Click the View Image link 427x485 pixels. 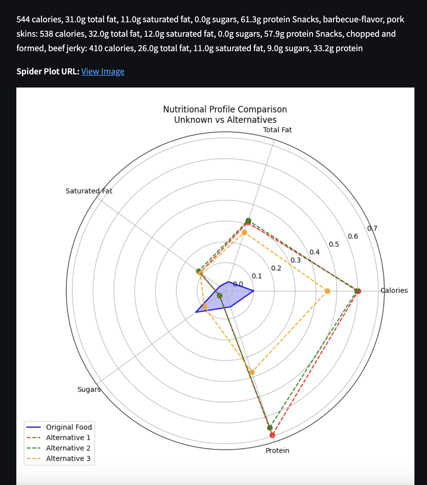tap(103, 72)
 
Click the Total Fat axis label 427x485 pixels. tap(277, 130)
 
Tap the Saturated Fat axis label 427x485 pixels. tap(89, 191)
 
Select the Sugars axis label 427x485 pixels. tap(89, 389)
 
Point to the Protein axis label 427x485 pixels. tap(277, 450)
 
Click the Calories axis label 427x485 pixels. tap(394, 290)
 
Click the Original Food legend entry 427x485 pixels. tap(69, 427)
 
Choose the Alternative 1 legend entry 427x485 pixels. tap(68, 438)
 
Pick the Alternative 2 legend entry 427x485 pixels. tap(68, 448)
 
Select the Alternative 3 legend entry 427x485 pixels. tap(68, 458)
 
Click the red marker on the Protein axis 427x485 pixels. tap(272, 435)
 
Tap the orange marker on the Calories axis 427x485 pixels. tap(327, 291)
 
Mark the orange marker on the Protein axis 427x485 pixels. tap(252, 372)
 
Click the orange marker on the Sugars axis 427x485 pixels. tap(205, 306)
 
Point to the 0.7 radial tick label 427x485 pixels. tap(372, 228)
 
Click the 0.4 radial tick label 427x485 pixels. tap(314, 252)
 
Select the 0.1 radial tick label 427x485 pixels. tap(257, 276)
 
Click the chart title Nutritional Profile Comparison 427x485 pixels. tap(225, 109)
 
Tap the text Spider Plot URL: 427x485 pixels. tap(48, 72)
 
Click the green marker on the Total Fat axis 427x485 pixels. tap(248, 220)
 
